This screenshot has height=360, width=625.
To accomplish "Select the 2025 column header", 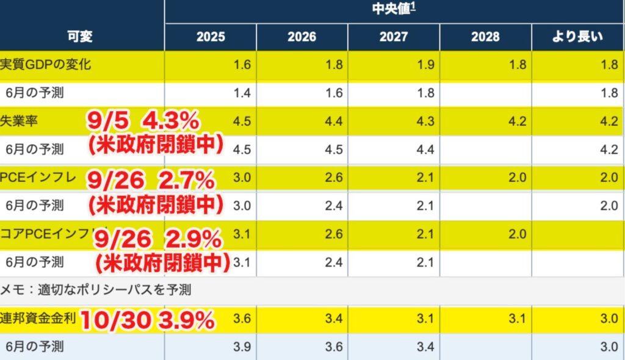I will [211, 37].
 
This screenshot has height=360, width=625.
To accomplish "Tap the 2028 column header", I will [485, 37].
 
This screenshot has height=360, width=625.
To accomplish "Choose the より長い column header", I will [577, 37].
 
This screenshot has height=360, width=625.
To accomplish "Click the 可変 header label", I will [79, 37].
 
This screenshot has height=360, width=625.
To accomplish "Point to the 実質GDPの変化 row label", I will [45, 65].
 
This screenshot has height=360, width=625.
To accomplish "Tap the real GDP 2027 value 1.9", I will [426, 65].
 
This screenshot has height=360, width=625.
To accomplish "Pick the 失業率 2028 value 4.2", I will [518, 121].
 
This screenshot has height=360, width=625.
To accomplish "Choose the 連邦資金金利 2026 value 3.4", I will [334, 319].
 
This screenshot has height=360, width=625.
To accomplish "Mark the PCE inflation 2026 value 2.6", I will [334, 178].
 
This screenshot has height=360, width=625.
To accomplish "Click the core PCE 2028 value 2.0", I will [518, 234].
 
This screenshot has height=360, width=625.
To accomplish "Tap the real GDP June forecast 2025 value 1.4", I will [242, 93].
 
